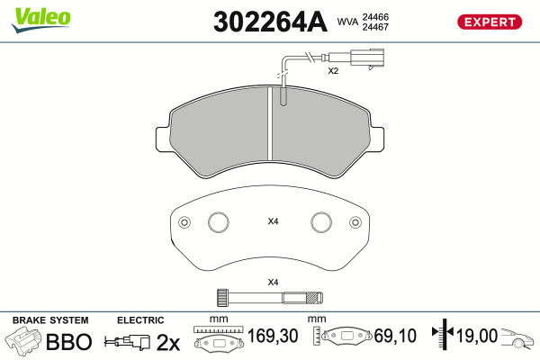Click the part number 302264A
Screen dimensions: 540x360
tap(270, 22)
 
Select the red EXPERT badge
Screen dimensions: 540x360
tap(490, 22)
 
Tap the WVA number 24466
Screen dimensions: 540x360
tap(375, 16)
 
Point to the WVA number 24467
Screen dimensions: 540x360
tap(375, 27)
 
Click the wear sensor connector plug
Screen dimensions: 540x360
tap(367, 58)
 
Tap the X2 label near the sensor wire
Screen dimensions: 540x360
tap(333, 71)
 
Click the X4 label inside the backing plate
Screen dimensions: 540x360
tap(273, 221)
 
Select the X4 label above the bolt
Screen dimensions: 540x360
tap(273, 283)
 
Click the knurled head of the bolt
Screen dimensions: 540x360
tap(222, 297)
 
